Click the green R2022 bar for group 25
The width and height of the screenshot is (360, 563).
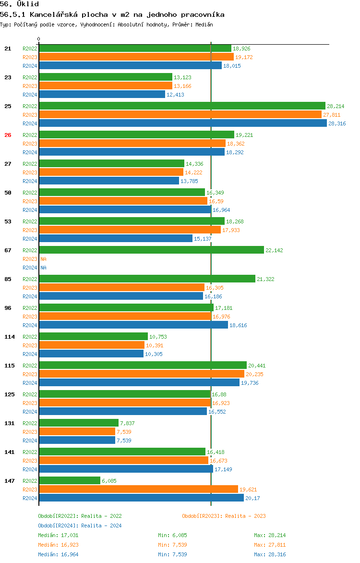(182, 106)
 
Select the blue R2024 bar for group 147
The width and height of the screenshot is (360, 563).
(141, 498)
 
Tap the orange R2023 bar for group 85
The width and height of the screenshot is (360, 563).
(121, 287)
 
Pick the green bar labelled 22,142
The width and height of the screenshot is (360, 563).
(151, 250)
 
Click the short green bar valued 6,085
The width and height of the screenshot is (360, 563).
(70, 480)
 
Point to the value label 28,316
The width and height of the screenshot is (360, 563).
(337, 123)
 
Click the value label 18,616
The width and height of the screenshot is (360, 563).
(238, 325)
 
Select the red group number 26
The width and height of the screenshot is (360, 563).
(8, 135)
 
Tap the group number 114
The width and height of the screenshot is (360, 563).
(10, 337)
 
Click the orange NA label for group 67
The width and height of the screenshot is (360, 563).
(43, 259)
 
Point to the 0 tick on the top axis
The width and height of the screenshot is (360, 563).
(39, 39)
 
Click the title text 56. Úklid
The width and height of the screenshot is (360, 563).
(20, 4)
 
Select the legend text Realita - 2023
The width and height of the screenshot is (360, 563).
(245, 516)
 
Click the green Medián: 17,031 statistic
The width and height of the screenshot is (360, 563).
(58, 535)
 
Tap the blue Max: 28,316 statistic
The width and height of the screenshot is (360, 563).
(270, 554)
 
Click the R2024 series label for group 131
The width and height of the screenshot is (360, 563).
(30, 441)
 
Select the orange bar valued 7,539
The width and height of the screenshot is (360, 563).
(77, 431)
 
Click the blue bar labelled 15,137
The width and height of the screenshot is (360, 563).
(115, 238)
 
